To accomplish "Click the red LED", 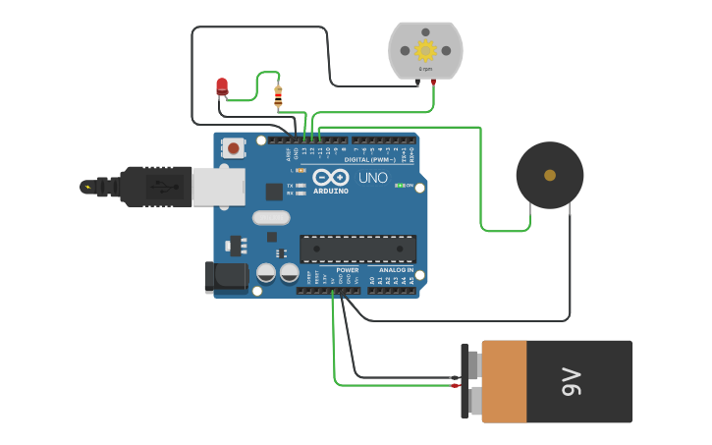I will pos(222,86).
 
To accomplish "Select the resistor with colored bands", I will pos(278,96).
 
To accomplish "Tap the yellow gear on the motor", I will pos(425,50).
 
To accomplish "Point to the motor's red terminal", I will pos(433,83).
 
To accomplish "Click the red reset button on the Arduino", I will pos(234,148).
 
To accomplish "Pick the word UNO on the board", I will pos(372,178).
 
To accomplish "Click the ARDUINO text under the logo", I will pos(330,191).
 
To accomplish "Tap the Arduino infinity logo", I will pos(330,178).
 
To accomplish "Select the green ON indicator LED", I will pos(398,185).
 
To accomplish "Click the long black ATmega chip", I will pos(357,249).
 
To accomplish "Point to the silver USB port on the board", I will pos(218,187).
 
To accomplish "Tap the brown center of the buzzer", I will pos(550,175).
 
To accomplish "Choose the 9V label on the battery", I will pos(572,382).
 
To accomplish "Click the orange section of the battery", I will pos(505,382).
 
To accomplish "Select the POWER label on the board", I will pos(347,269).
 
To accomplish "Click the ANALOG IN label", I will pos(396,269).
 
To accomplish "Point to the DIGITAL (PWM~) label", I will pos(369,159).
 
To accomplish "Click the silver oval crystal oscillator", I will pos(271,218).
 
